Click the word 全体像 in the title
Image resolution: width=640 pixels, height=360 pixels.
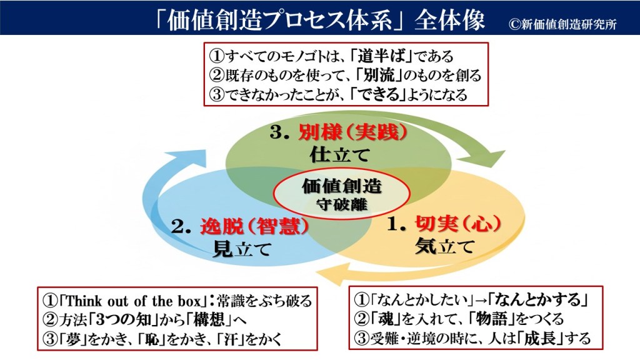[x=455, y=19]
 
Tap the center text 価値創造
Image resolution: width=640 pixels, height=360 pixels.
[x=337, y=186]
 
